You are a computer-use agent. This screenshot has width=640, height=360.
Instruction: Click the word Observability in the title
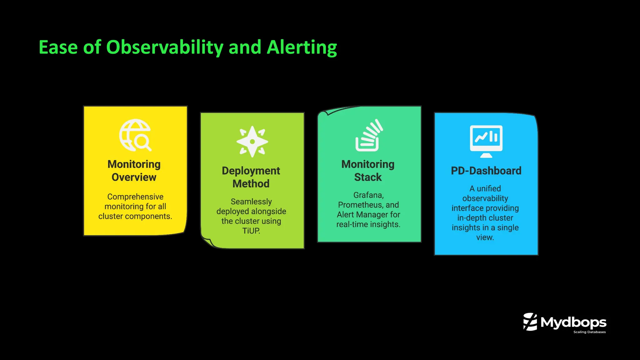click(x=165, y=47)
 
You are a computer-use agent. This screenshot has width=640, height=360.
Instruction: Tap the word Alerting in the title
click(x=302, y=47)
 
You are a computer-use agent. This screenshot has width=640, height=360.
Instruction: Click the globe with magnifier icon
click(x=135, y=135)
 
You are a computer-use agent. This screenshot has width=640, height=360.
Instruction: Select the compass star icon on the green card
click(x=252, y=142)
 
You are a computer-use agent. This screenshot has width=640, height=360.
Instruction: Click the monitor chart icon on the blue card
click(x=486, y=141)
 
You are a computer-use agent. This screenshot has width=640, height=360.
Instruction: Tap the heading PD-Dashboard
click(x=486, y=171)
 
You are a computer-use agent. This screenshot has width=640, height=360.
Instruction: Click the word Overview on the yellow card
click(x=134, y=177)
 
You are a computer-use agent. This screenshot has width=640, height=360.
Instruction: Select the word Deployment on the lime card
click(x=251, y=171)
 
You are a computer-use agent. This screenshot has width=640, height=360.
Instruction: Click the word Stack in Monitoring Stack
click(x=368, y=177)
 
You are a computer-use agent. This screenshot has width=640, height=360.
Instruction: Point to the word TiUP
click(x=251, y=231)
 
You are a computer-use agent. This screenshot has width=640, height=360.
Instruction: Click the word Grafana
click(x=368, y=195)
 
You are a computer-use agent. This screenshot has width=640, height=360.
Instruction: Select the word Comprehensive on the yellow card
click(x=135, y=197)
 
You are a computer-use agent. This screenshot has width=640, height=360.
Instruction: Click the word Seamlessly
click(x=251, y=202)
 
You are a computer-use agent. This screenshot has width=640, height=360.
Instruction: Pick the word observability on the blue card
click(x=485, y=198)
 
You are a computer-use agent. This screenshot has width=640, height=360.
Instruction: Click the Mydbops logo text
click(x=573, y=322)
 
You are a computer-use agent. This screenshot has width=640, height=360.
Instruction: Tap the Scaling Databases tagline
click(x=589, y=332)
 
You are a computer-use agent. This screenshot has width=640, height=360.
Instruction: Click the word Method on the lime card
click(x=251, y=184)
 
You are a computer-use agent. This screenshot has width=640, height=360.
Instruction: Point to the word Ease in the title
click(x=58, y=47)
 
